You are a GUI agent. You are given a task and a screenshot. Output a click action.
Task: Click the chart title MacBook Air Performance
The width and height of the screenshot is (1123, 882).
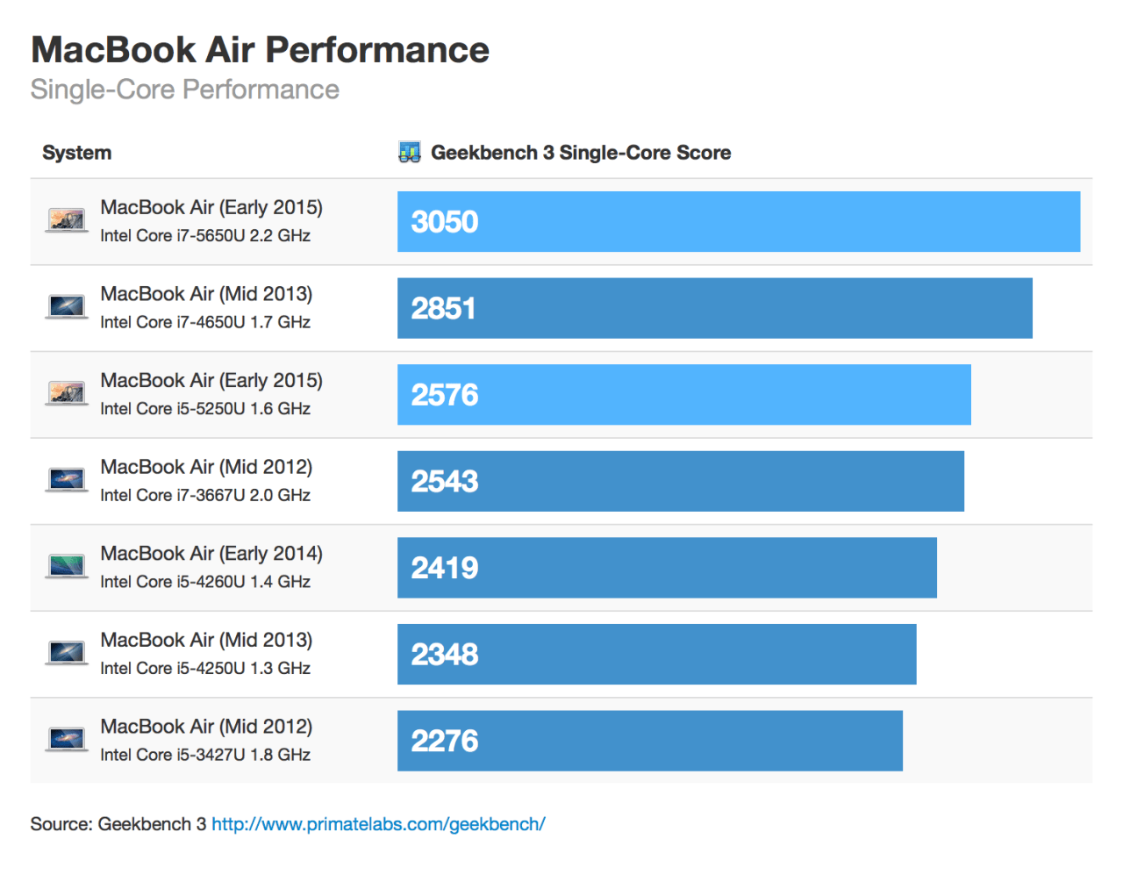260,50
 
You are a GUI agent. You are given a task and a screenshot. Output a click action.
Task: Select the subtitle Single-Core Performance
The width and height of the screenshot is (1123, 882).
184,90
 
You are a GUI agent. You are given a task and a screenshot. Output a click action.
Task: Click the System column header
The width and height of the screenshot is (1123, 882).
77,153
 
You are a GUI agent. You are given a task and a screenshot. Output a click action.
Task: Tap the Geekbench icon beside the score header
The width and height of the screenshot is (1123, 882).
409,153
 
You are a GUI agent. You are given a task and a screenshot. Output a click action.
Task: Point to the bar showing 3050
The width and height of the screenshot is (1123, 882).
738,222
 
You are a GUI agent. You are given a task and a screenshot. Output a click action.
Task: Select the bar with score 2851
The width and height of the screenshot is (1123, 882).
714,308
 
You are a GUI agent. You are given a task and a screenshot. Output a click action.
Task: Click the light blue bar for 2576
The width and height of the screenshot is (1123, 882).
683,395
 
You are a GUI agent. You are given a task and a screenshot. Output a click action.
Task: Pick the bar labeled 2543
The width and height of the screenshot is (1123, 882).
680,481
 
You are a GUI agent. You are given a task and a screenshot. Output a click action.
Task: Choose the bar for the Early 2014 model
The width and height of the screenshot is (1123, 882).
667,568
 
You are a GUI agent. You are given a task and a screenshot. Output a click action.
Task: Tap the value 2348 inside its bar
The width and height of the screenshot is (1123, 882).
445,655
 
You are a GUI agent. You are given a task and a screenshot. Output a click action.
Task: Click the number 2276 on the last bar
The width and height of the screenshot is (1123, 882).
445,742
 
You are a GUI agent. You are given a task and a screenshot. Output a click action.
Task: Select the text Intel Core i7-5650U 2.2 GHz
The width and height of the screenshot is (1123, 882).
205,235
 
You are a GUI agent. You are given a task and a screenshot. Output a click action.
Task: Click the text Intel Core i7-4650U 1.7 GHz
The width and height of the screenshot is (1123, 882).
205,322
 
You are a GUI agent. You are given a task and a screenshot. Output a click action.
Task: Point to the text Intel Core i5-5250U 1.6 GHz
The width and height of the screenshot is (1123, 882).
205,408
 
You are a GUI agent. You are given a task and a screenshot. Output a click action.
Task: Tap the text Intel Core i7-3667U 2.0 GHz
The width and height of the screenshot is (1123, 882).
205,495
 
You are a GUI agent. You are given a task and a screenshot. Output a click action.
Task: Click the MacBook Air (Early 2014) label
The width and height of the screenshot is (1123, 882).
211,554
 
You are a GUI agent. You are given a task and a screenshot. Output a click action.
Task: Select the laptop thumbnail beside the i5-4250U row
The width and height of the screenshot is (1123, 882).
67,653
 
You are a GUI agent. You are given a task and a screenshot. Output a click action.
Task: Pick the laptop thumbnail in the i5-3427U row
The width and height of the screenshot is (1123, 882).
67,739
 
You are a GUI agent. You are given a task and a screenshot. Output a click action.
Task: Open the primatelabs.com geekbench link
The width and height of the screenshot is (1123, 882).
378,824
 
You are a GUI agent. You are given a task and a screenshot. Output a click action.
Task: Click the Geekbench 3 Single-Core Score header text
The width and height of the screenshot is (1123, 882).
581,153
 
